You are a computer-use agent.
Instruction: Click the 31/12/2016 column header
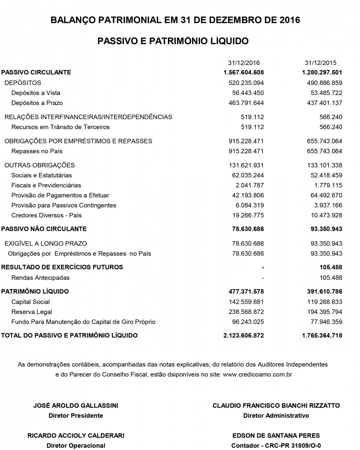(244, 63)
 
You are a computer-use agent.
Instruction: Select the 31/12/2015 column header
(320, 63)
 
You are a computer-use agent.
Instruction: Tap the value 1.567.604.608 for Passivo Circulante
(244, 72)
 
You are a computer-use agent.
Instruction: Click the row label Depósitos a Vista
(36, 93)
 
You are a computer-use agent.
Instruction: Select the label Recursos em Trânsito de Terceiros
(60, 127)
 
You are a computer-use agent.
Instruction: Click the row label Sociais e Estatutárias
(42, 175)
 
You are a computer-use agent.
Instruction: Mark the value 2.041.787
(250, 185)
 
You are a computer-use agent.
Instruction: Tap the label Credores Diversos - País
(47, 215)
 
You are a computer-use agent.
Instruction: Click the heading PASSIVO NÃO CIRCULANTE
(44, 229)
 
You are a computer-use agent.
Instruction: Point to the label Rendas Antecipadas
(40, 277)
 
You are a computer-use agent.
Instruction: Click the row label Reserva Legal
(32, 312)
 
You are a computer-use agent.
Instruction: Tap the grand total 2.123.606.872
(244, 335)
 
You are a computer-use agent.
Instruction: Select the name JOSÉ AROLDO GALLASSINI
(76, 405)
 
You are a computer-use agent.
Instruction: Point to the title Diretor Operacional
(76, 446)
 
